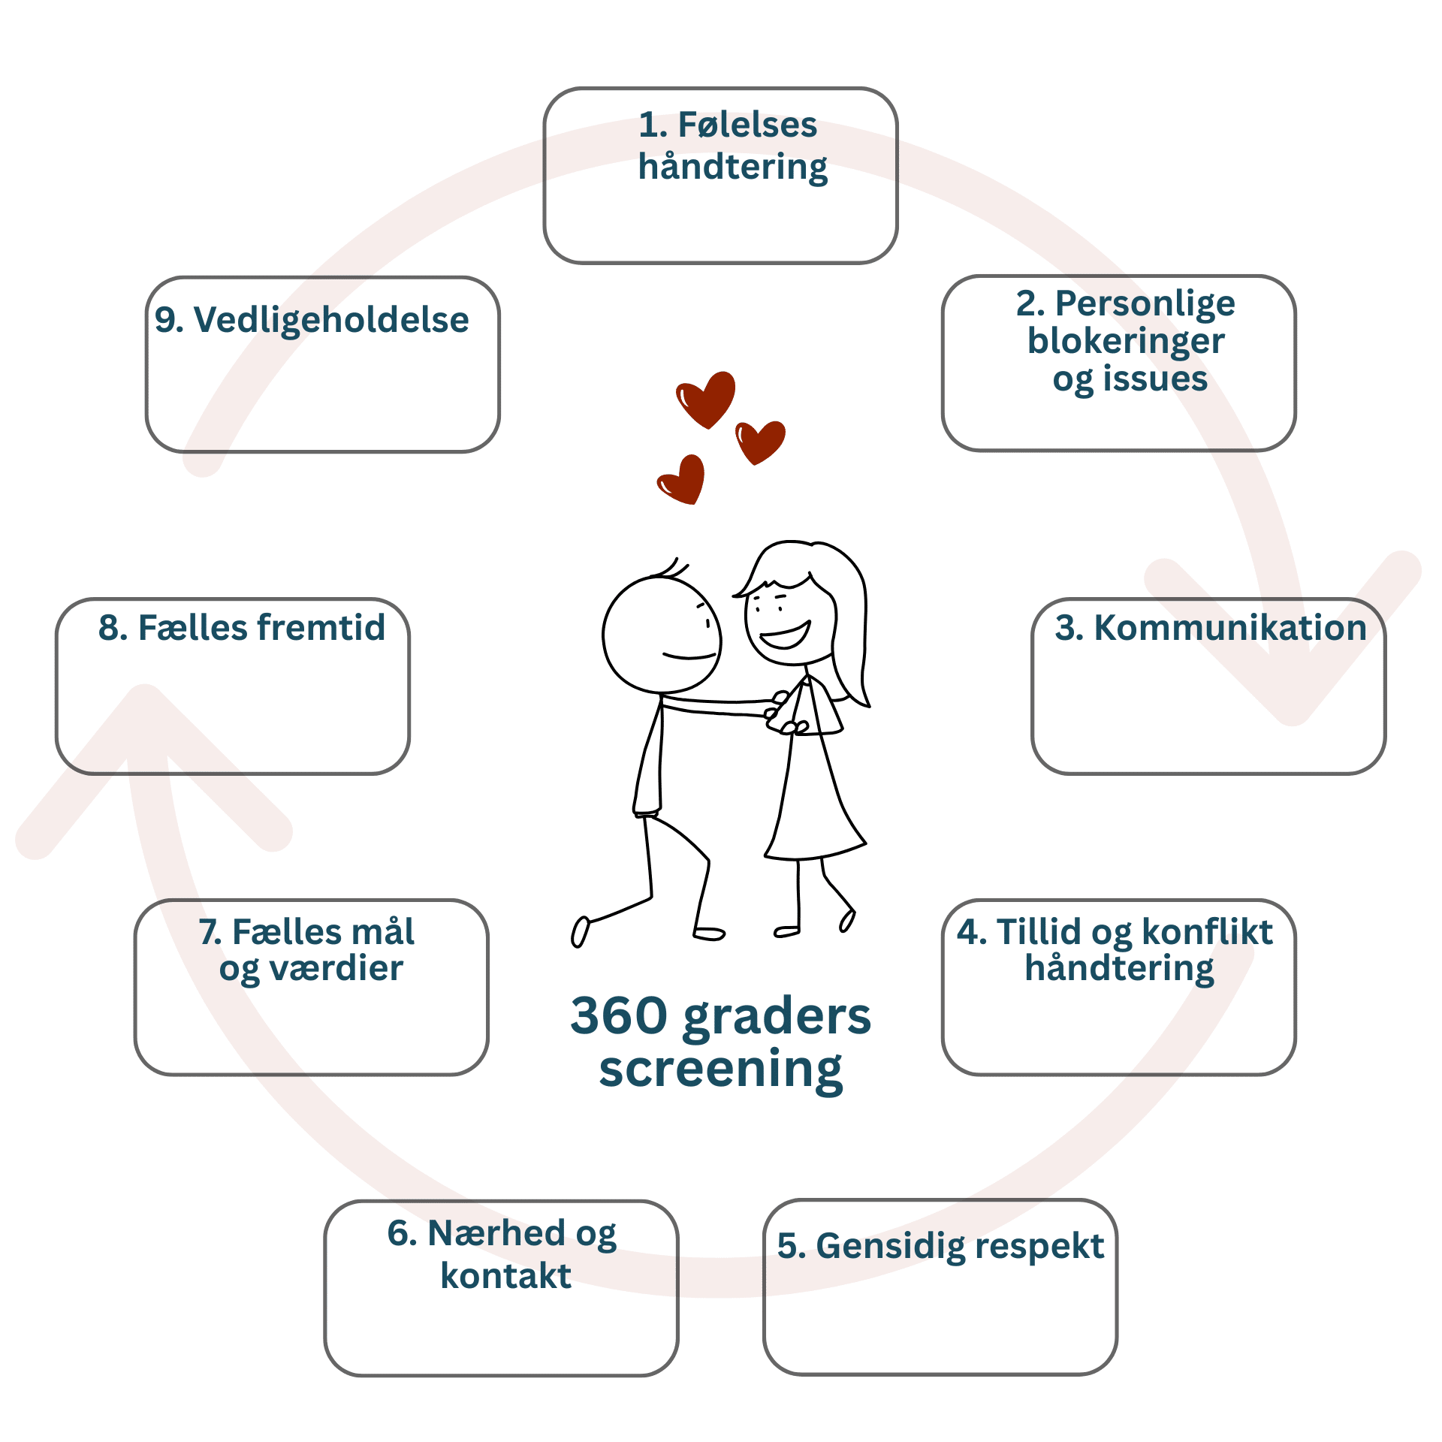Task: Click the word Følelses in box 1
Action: [x=747, y=125]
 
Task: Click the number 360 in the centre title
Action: [x=620, y=1015]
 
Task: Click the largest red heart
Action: [x=706, y=399]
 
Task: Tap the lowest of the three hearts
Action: [x=681, y=479]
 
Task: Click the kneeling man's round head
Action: [x=662, y=635]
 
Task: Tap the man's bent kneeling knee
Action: [x=695, y=849]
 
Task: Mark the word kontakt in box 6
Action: [x=505, y=1276]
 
